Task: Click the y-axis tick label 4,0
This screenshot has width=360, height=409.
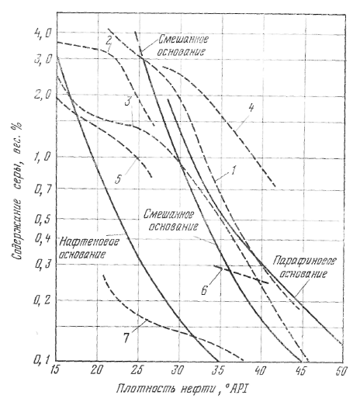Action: [43, 33]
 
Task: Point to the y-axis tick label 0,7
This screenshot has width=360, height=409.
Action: [43, 188]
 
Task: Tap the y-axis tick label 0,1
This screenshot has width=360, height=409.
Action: [42, 360]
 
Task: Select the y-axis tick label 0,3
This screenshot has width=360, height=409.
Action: [43, 264]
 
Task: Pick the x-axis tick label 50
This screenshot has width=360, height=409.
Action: [341, 370]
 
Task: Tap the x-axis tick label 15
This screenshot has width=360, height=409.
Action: [57, 370]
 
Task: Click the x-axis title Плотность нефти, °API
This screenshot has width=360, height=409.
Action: [183, 390]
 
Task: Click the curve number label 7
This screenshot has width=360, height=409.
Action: [126, 338]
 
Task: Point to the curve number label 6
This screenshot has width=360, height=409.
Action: [204, 290]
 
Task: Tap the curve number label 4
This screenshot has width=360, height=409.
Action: [251, 107]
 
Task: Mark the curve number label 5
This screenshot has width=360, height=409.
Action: [119, 179]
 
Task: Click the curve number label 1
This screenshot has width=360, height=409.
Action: [234, 170]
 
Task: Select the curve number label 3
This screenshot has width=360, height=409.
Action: [128, 101]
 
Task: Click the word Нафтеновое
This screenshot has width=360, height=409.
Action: [89, 242]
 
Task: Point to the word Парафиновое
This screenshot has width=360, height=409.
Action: [304, 261]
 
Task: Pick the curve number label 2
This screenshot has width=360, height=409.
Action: [109, 40]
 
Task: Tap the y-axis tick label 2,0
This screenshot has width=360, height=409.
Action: [43, 95]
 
